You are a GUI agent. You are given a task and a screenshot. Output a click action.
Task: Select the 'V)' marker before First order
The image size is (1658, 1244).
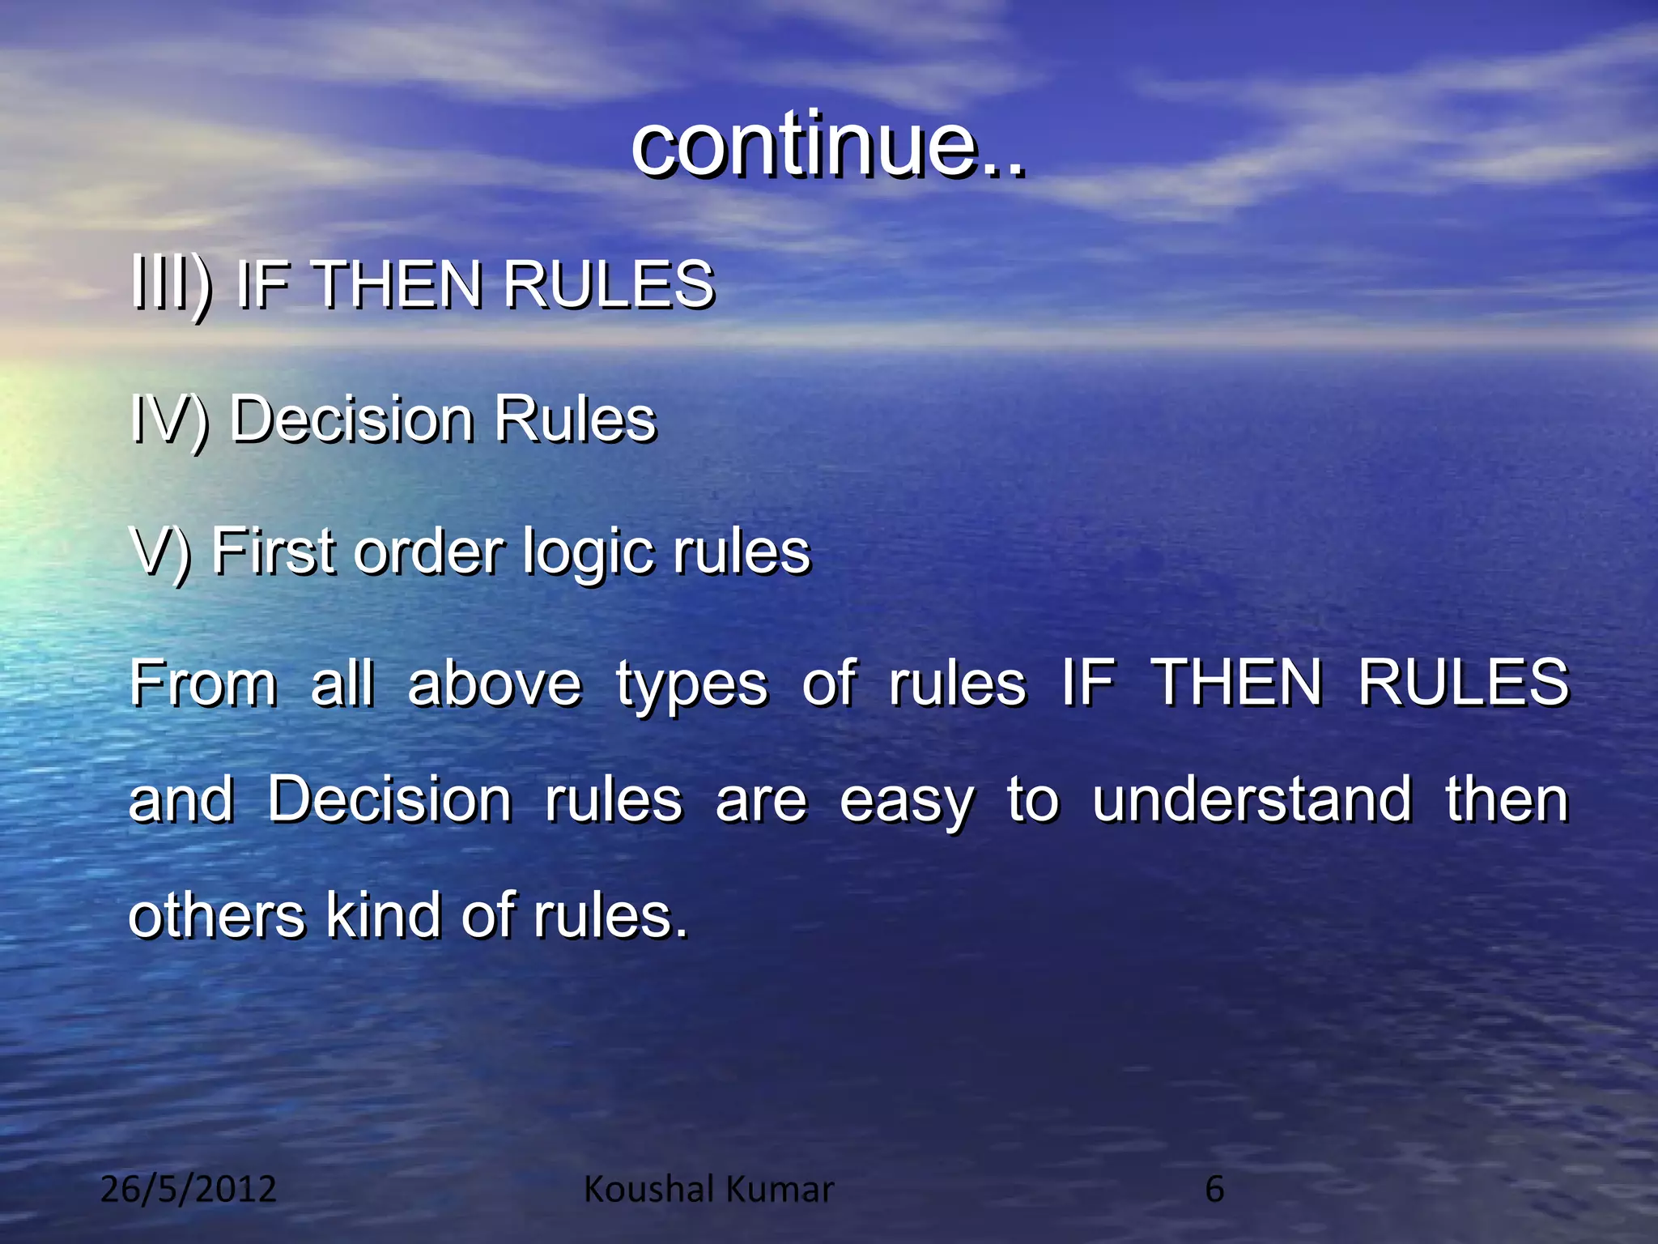[160, 552]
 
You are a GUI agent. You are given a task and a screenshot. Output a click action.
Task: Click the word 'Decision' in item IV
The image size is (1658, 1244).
[351, 420]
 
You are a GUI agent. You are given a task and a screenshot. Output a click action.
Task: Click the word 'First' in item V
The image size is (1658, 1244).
[273, 552]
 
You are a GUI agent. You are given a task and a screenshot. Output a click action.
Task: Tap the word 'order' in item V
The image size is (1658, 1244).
[429, 552]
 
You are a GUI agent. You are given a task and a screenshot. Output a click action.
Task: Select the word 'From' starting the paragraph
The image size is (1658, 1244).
[203, 684]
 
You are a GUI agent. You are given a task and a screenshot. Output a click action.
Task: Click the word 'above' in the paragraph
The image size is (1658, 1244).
[495, 684]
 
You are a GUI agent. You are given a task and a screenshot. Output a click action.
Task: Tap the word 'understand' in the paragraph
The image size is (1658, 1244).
[1252, 800]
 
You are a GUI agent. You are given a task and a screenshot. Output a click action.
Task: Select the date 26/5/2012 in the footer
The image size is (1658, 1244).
[189, 1190]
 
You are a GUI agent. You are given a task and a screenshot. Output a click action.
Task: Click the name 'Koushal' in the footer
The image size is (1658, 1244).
[648, 1190]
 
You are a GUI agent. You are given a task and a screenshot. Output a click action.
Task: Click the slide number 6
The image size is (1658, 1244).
[1214, 1190]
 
